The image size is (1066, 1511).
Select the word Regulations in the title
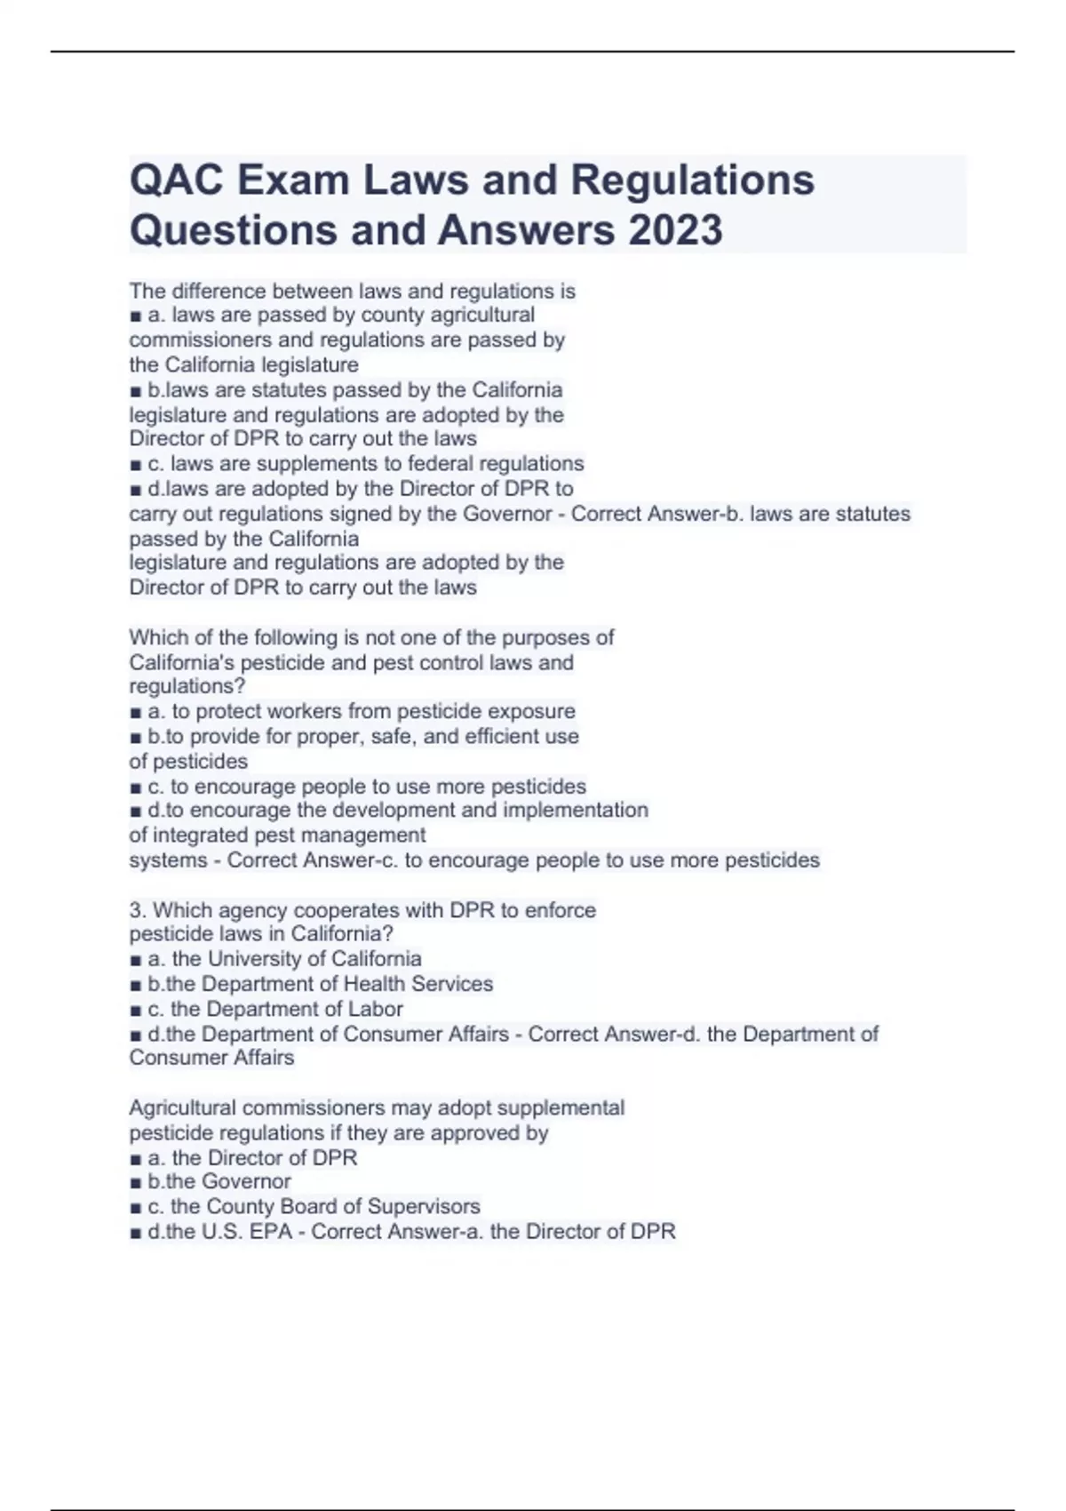pyautogui.click(x=692, y=180)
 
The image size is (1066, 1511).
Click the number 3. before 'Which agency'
pyautogui.click(x=138, y=910)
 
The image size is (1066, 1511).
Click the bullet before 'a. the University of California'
pyautogui.click(x=135, y=960)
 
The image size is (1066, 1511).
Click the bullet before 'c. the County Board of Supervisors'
pyautogui.click(x=135, y=1207)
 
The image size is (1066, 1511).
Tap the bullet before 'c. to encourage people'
pyautogui.click(x=135, y=787)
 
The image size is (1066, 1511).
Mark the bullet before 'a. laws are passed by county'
pyautogui.click(x=135, y=316)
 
